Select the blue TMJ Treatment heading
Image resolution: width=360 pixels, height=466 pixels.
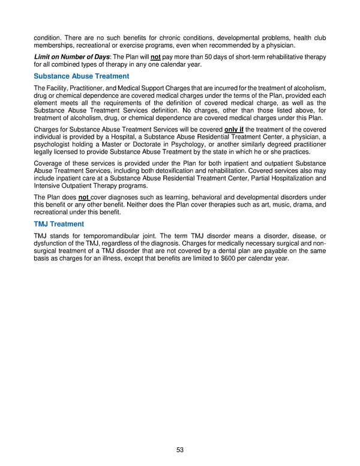point(59,223)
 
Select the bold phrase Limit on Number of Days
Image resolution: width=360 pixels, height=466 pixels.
point(70,56)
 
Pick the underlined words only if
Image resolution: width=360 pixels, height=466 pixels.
point(236,129)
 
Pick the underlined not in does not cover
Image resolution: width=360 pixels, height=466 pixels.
point(84,197)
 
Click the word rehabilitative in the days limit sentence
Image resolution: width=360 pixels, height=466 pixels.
point(281,56)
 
